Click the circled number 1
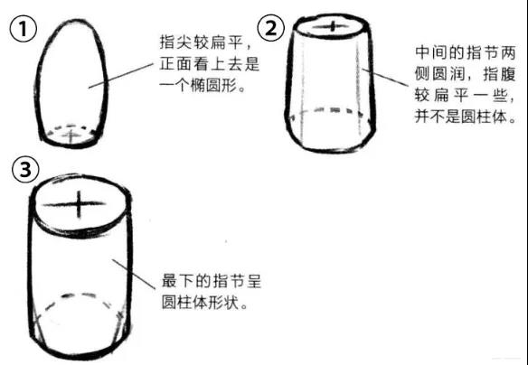(23, 29)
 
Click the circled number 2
(270, 28)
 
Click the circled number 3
(25, 169)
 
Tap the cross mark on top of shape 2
(332, 26)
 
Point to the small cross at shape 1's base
(71, 136)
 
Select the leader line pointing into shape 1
(121, 76)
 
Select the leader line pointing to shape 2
(385, 78)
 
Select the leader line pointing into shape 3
(134, 274)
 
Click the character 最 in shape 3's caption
(169, 281)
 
